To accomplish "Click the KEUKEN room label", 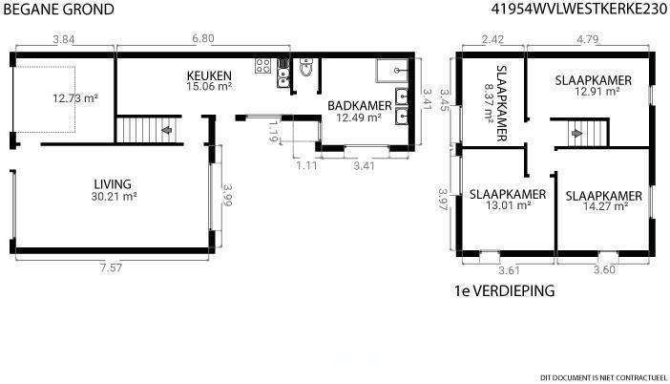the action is click(x=209, y=75).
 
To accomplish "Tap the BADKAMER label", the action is click(x=360, y=106).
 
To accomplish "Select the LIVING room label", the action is click(x=113, y=184).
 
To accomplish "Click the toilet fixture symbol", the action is click(x=306, y=67).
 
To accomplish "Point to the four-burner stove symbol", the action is click(x=262, y=65).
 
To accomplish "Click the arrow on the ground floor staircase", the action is click(x=166, y=130).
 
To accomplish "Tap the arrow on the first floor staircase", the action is click(x=576, y=134).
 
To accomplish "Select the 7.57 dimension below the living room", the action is click(x=111, y=268).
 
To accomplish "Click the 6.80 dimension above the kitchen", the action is click(x=203, y=38).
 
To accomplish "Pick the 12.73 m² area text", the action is click(x=75, y=98).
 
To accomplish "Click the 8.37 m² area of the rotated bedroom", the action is click(x=489, y=102).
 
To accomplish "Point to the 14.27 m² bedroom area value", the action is click(x=605, y=206).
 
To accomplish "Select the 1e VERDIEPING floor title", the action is click(x=504, y=290).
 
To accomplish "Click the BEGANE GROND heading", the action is click(x=58, y=9).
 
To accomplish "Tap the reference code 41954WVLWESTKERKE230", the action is click(x=579, y=9).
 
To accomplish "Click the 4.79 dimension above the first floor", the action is click(x=588, y=39).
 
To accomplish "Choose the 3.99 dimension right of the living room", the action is click(x=227, y=195).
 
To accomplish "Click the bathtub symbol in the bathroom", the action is click(x=392, y=71).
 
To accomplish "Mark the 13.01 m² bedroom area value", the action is click(x=509, y=205).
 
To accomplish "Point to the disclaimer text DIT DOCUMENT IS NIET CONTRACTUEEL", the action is click(x=603, y=377).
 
